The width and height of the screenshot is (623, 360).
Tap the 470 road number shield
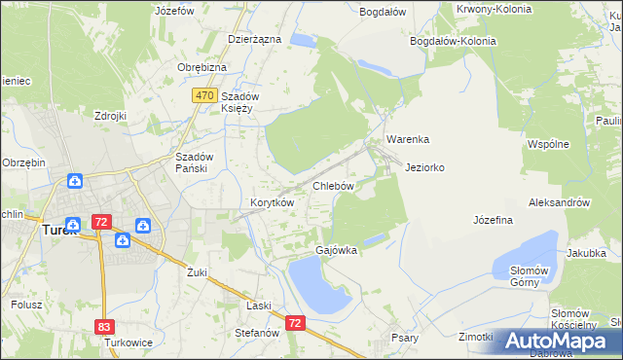203,95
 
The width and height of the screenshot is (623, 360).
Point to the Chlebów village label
332,185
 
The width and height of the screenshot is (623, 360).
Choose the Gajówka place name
336,250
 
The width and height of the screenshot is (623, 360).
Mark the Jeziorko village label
424,167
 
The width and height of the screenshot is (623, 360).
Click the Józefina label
493,220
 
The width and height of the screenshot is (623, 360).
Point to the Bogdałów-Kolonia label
453,41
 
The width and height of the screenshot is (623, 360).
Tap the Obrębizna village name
202,66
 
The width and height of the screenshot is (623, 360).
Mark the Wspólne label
547,144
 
